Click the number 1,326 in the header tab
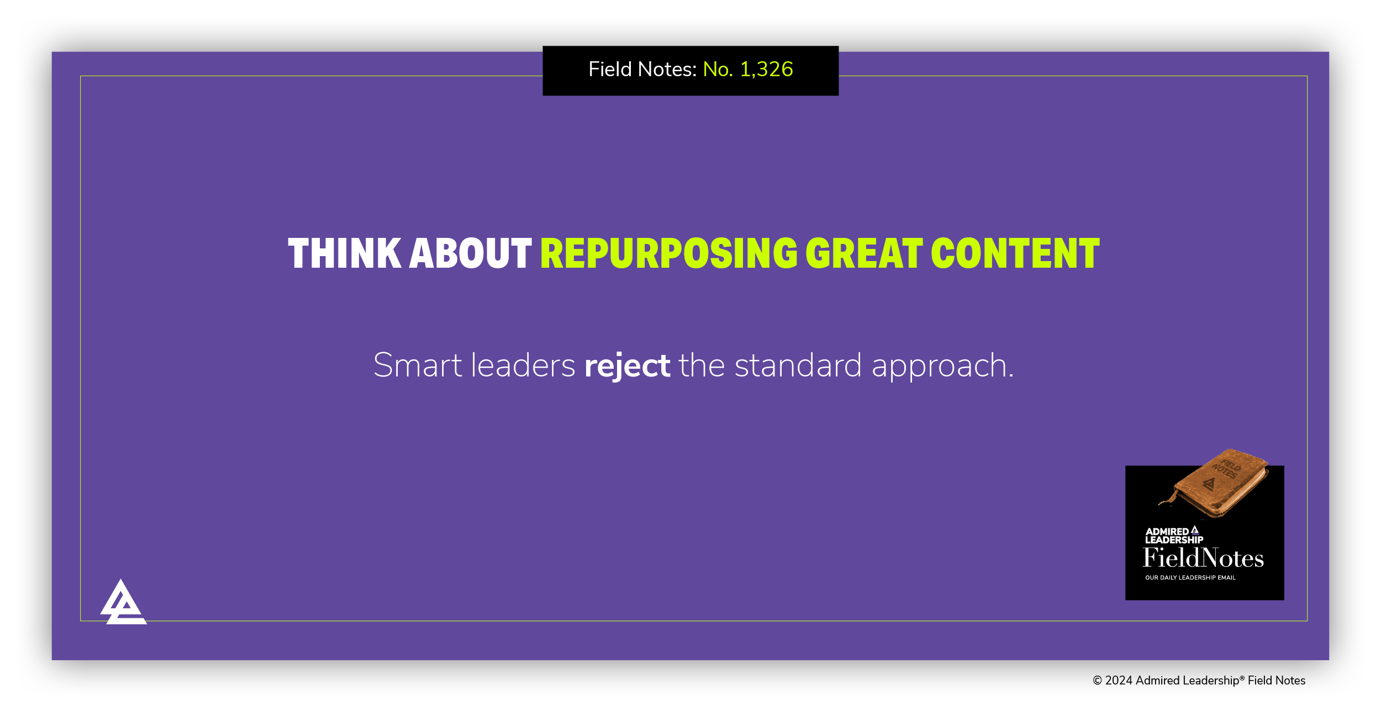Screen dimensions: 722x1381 coord(766,70)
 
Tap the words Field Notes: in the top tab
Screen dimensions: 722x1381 coord(642,70)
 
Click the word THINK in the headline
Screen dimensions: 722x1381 coord(345,254)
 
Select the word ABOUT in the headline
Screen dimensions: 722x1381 coord(470,254)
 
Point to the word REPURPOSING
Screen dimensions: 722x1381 coord(669,254)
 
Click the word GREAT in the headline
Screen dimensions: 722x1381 coord(864,254)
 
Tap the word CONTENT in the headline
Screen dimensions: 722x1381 coord(1015,254)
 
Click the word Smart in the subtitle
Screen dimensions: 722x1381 coord(418,365)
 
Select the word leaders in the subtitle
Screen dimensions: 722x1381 coord(523,365)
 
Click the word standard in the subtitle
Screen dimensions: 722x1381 coord(798,365)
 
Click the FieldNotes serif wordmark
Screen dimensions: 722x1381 coord(1203,558)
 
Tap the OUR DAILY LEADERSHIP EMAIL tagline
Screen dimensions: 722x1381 coord(1190,577)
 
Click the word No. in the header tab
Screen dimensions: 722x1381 coord(718,70)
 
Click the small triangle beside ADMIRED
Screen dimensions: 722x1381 coord(1195,530)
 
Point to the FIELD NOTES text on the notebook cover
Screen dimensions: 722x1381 coord(1227,469)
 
